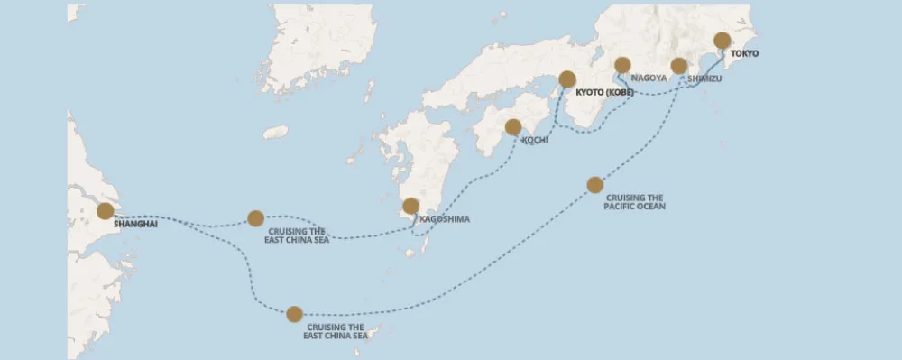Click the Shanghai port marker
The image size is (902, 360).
point(105,210)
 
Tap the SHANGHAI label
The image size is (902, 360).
point(135,224)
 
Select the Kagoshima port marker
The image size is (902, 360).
point(410,206)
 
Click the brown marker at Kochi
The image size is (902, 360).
point(513,127)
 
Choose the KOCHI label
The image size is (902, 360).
point(535,141)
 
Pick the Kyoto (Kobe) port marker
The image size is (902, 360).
point(567,79)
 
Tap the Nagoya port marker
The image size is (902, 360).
point(621,65)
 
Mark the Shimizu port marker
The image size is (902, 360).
point(679,66)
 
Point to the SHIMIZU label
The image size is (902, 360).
point(704,79)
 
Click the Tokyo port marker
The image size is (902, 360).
point(722,41)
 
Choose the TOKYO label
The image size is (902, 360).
point(744,54)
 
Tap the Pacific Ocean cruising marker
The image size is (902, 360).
point(594,185)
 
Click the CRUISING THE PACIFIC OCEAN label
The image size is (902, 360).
point(635,202)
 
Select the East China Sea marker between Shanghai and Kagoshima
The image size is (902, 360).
point(255,218)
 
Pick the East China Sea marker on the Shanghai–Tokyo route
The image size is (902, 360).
point(294,314)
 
